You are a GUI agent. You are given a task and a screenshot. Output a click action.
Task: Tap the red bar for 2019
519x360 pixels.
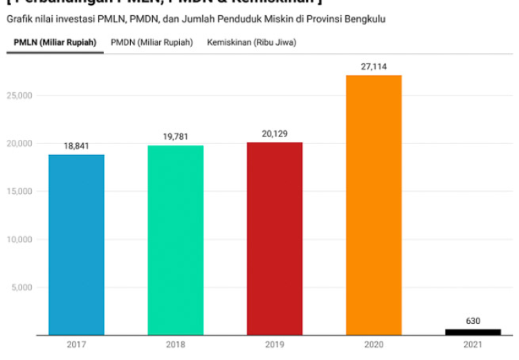pyautogui.click(x=275, y=238)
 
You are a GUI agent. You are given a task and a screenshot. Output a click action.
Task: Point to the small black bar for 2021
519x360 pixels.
pyautogui.click(x=473, y=332)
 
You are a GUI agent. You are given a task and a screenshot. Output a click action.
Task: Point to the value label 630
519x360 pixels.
pyautogui.click(x=473, y=321)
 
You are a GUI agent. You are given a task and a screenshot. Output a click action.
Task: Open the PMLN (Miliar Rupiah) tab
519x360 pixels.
pyautogui.click(x=55, y=43)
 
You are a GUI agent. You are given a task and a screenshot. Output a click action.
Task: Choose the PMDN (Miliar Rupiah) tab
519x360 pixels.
pyautogui.click(x=152, y=43)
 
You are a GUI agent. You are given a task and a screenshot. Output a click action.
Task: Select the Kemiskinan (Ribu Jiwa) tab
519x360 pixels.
pyautogui.click(x=252, y=43)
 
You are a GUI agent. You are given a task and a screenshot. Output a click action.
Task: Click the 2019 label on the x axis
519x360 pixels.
pyautogui.click(x=275, y=344)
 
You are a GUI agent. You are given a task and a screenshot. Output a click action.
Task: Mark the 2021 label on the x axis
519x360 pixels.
pyautogui.click(x=473, y=344)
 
